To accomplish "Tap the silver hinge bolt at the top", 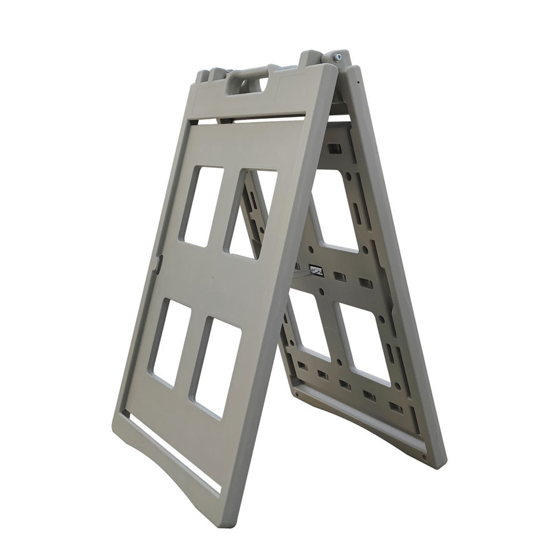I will pos(337,57).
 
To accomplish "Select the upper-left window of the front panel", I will pos(201,206).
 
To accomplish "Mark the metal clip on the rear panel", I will pos(317,270).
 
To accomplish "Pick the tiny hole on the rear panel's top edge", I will pos(359,81).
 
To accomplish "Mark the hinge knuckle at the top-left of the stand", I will pos(215,74).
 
